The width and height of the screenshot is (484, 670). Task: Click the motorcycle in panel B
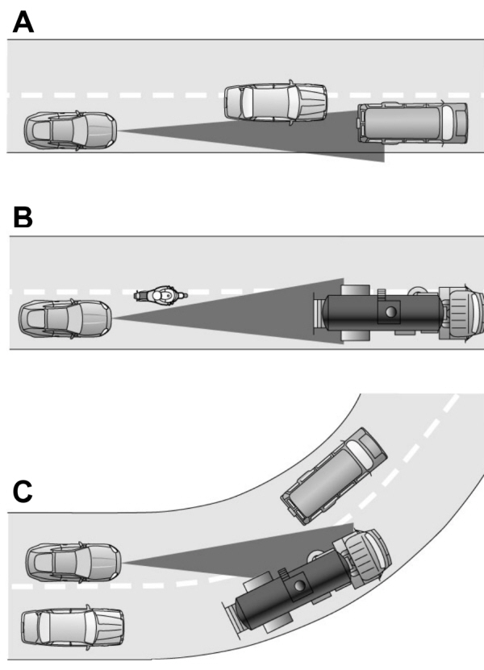pos(161,296)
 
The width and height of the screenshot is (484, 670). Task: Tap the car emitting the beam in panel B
pos(65,318)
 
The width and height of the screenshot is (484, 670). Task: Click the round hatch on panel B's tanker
pos(390,311)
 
